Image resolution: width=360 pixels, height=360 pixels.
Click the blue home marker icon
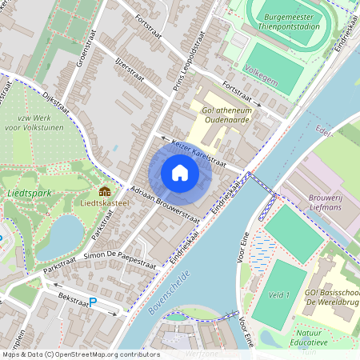tap(180, 173)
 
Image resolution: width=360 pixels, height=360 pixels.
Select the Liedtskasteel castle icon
tap(104, 191)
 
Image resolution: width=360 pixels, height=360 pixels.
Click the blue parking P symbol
tap(93, 302)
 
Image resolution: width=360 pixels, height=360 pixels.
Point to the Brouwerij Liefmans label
tap(329, 202)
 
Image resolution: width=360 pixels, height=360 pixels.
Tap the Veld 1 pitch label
tap(279, 295)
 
